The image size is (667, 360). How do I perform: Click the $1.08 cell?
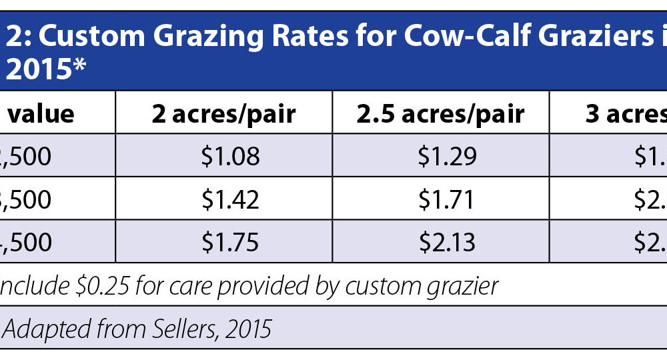[229, 157]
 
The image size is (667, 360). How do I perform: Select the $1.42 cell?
[229, 199]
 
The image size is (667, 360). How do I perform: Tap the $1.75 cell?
[229, 242]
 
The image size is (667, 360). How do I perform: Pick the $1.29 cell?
[447, 157]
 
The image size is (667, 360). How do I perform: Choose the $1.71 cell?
[447, 199]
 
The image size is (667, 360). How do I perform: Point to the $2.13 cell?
[447, 242]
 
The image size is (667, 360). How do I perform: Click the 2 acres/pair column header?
[224, 114]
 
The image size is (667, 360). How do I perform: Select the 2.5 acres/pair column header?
[441, 114]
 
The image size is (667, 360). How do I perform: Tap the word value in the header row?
[41, 114]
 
